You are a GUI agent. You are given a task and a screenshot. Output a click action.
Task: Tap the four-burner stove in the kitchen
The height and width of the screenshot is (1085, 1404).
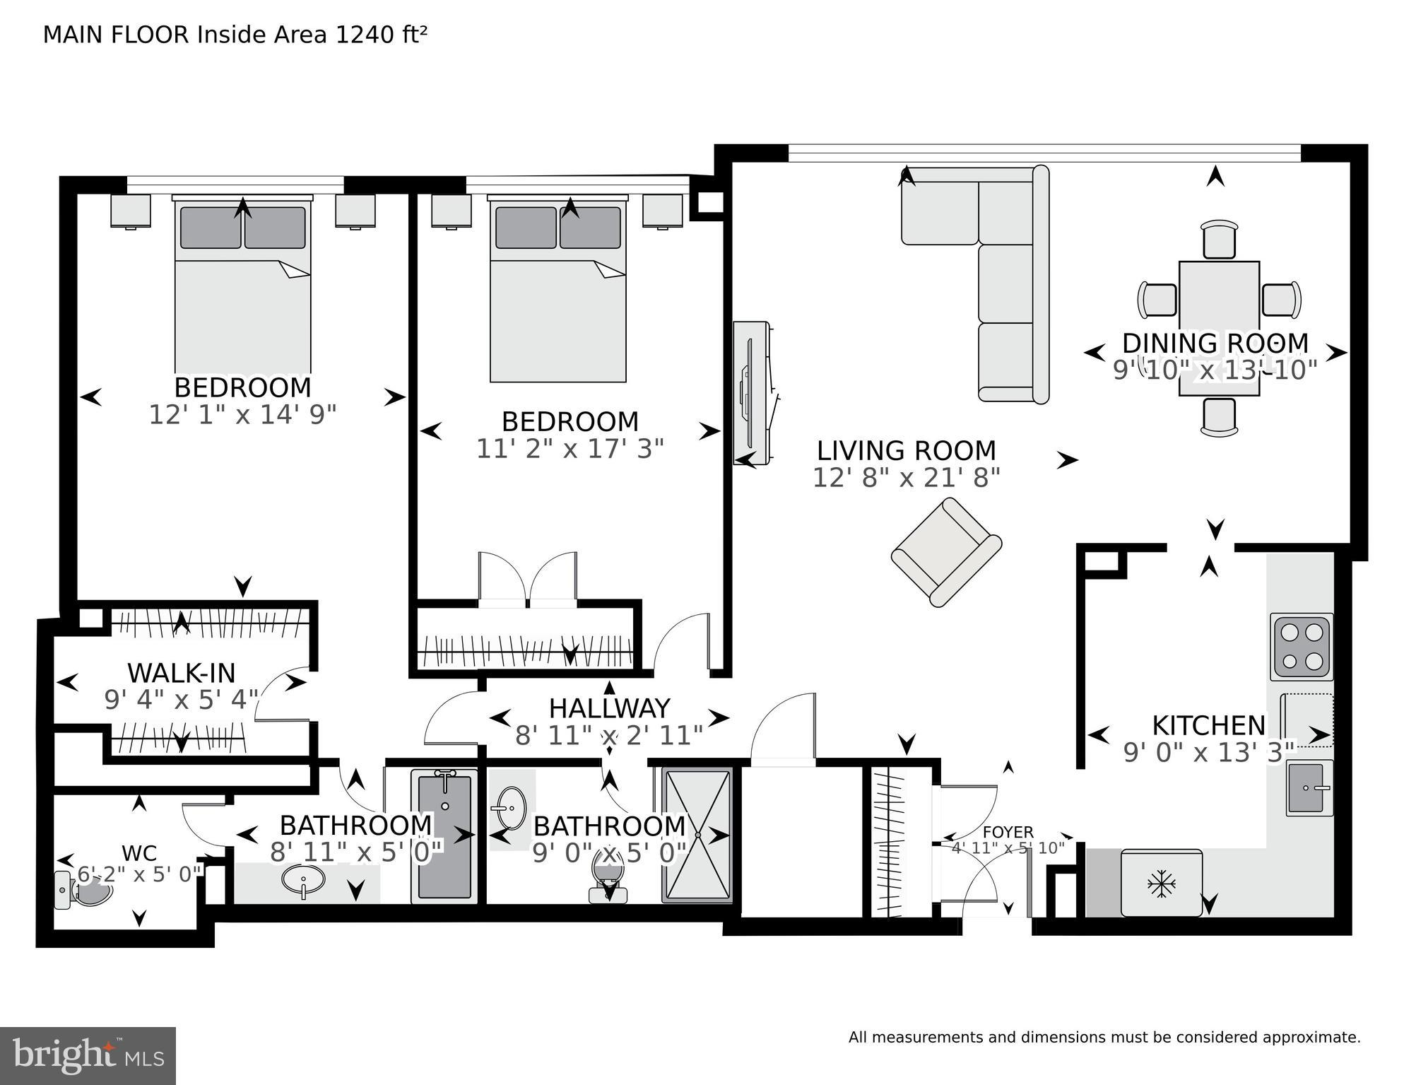1302,646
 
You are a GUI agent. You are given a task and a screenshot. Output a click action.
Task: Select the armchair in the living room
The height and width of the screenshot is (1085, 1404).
946,552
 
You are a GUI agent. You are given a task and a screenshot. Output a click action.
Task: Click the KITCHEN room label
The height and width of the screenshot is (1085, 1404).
1208,725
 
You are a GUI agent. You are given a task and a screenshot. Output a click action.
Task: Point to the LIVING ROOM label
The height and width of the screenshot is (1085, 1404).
907,450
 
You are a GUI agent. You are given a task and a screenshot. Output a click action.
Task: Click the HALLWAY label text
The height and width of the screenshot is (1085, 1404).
609,708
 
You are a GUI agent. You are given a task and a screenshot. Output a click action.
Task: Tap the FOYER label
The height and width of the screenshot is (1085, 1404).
1008,833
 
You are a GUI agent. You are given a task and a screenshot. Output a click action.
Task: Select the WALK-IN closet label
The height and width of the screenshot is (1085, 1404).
181,672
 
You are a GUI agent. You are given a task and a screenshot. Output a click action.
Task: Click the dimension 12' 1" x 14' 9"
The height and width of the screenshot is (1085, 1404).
242,414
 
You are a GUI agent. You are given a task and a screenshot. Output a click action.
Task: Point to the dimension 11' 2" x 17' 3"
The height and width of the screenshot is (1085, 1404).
570,448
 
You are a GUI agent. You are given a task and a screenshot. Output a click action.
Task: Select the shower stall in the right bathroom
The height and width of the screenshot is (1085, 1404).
697,835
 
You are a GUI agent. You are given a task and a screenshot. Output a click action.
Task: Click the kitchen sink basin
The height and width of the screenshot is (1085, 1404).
1309,788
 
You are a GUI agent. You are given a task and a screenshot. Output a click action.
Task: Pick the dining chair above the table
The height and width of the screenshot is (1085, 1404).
1220,240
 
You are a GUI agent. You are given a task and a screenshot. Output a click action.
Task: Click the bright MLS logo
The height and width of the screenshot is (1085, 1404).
88,1055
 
